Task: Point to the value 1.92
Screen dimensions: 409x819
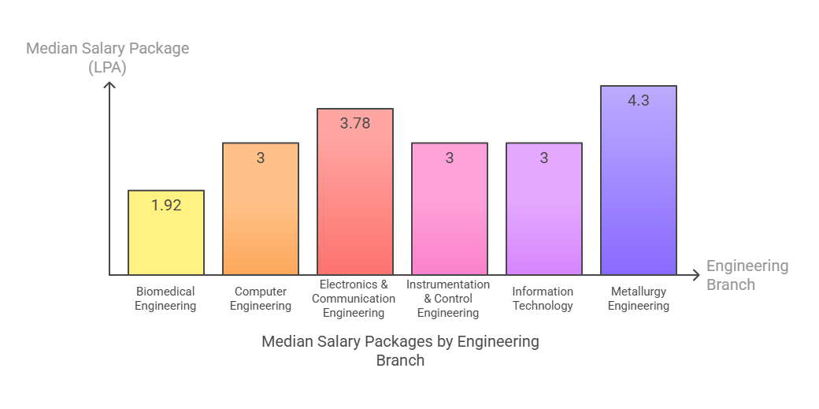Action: pos(166,205)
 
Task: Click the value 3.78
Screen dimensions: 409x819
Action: pos(355,123)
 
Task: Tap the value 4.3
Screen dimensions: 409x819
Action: pos(639,100)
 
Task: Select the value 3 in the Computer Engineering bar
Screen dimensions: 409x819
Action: pos(261,158)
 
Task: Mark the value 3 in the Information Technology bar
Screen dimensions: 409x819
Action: pos(544,158)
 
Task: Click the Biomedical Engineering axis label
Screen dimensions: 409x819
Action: pos(165,299)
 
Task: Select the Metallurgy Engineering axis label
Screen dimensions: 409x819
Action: pos(639,299)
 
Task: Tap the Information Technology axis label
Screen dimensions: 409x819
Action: pos(543,299)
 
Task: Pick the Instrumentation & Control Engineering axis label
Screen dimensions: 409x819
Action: pos(448,299)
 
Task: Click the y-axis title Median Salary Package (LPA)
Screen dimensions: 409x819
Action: pos(108,58)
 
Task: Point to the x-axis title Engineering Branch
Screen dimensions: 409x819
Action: pos(747,275)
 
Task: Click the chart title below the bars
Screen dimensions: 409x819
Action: pos(400,351)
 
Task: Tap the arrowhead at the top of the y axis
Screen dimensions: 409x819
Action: pos(110,84)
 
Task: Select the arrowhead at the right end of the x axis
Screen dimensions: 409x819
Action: pos(695,275)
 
